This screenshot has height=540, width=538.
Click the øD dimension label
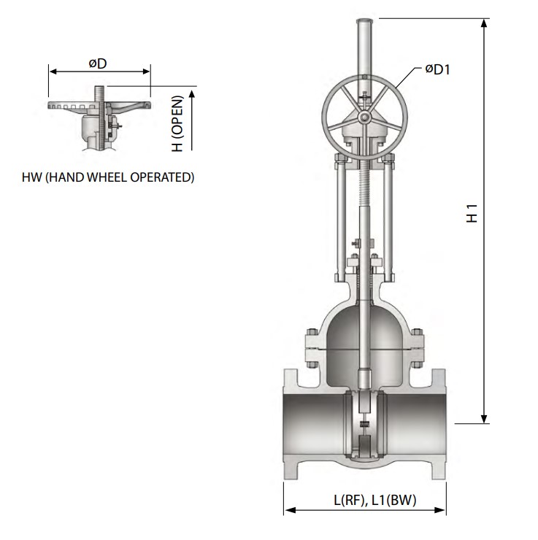click(x=98, y=63)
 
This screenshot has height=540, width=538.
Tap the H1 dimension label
click(x=473, y=216)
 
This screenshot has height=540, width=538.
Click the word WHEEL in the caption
click(x=105, y=177)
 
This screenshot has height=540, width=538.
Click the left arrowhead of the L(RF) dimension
click(x=288, y=511)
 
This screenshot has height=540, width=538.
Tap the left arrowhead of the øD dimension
click(x=53, y=72)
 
